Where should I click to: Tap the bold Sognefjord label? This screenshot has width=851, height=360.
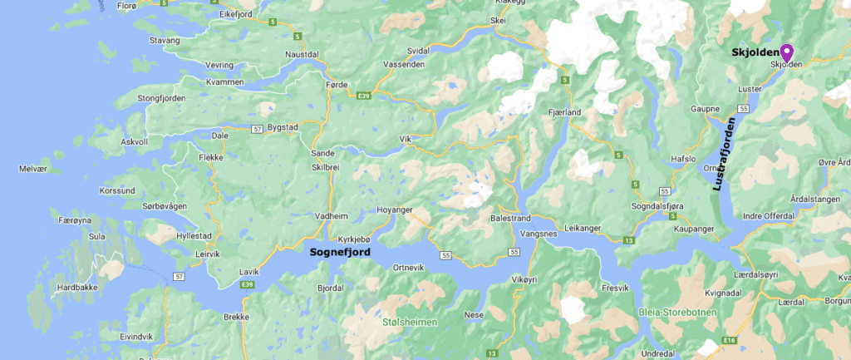click(x=340, y=251)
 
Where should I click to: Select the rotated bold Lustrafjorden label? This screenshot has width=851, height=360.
click(x=725, y=155)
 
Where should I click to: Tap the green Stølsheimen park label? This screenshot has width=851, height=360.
click(x=411, y=322)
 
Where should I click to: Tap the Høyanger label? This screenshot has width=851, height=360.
click(x=395, y=210)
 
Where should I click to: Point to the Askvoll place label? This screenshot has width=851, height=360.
click(x=134, y=142)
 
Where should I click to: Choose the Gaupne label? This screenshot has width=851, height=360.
click(x=705, y=109)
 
